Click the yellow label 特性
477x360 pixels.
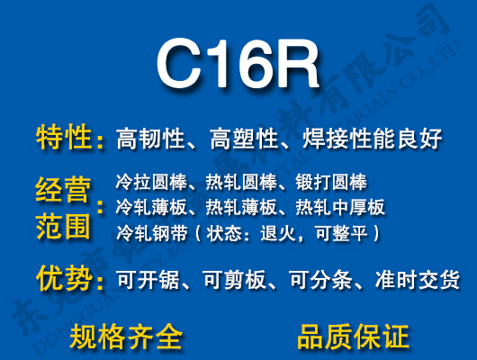point(64,139)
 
